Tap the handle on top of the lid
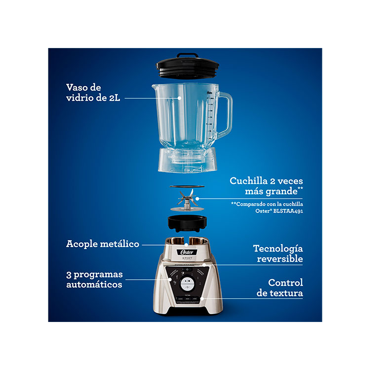(187, 55)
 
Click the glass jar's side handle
(226, 114)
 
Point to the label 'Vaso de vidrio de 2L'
(93, 92)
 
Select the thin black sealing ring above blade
(187, 187)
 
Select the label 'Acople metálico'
(103, 244)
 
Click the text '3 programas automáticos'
(94, 279)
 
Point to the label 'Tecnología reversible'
(278, 253)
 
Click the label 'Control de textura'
(279, 288)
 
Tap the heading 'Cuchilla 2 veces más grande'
(266, 186)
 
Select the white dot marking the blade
(197, 198)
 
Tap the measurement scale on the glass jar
(210, 117)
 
